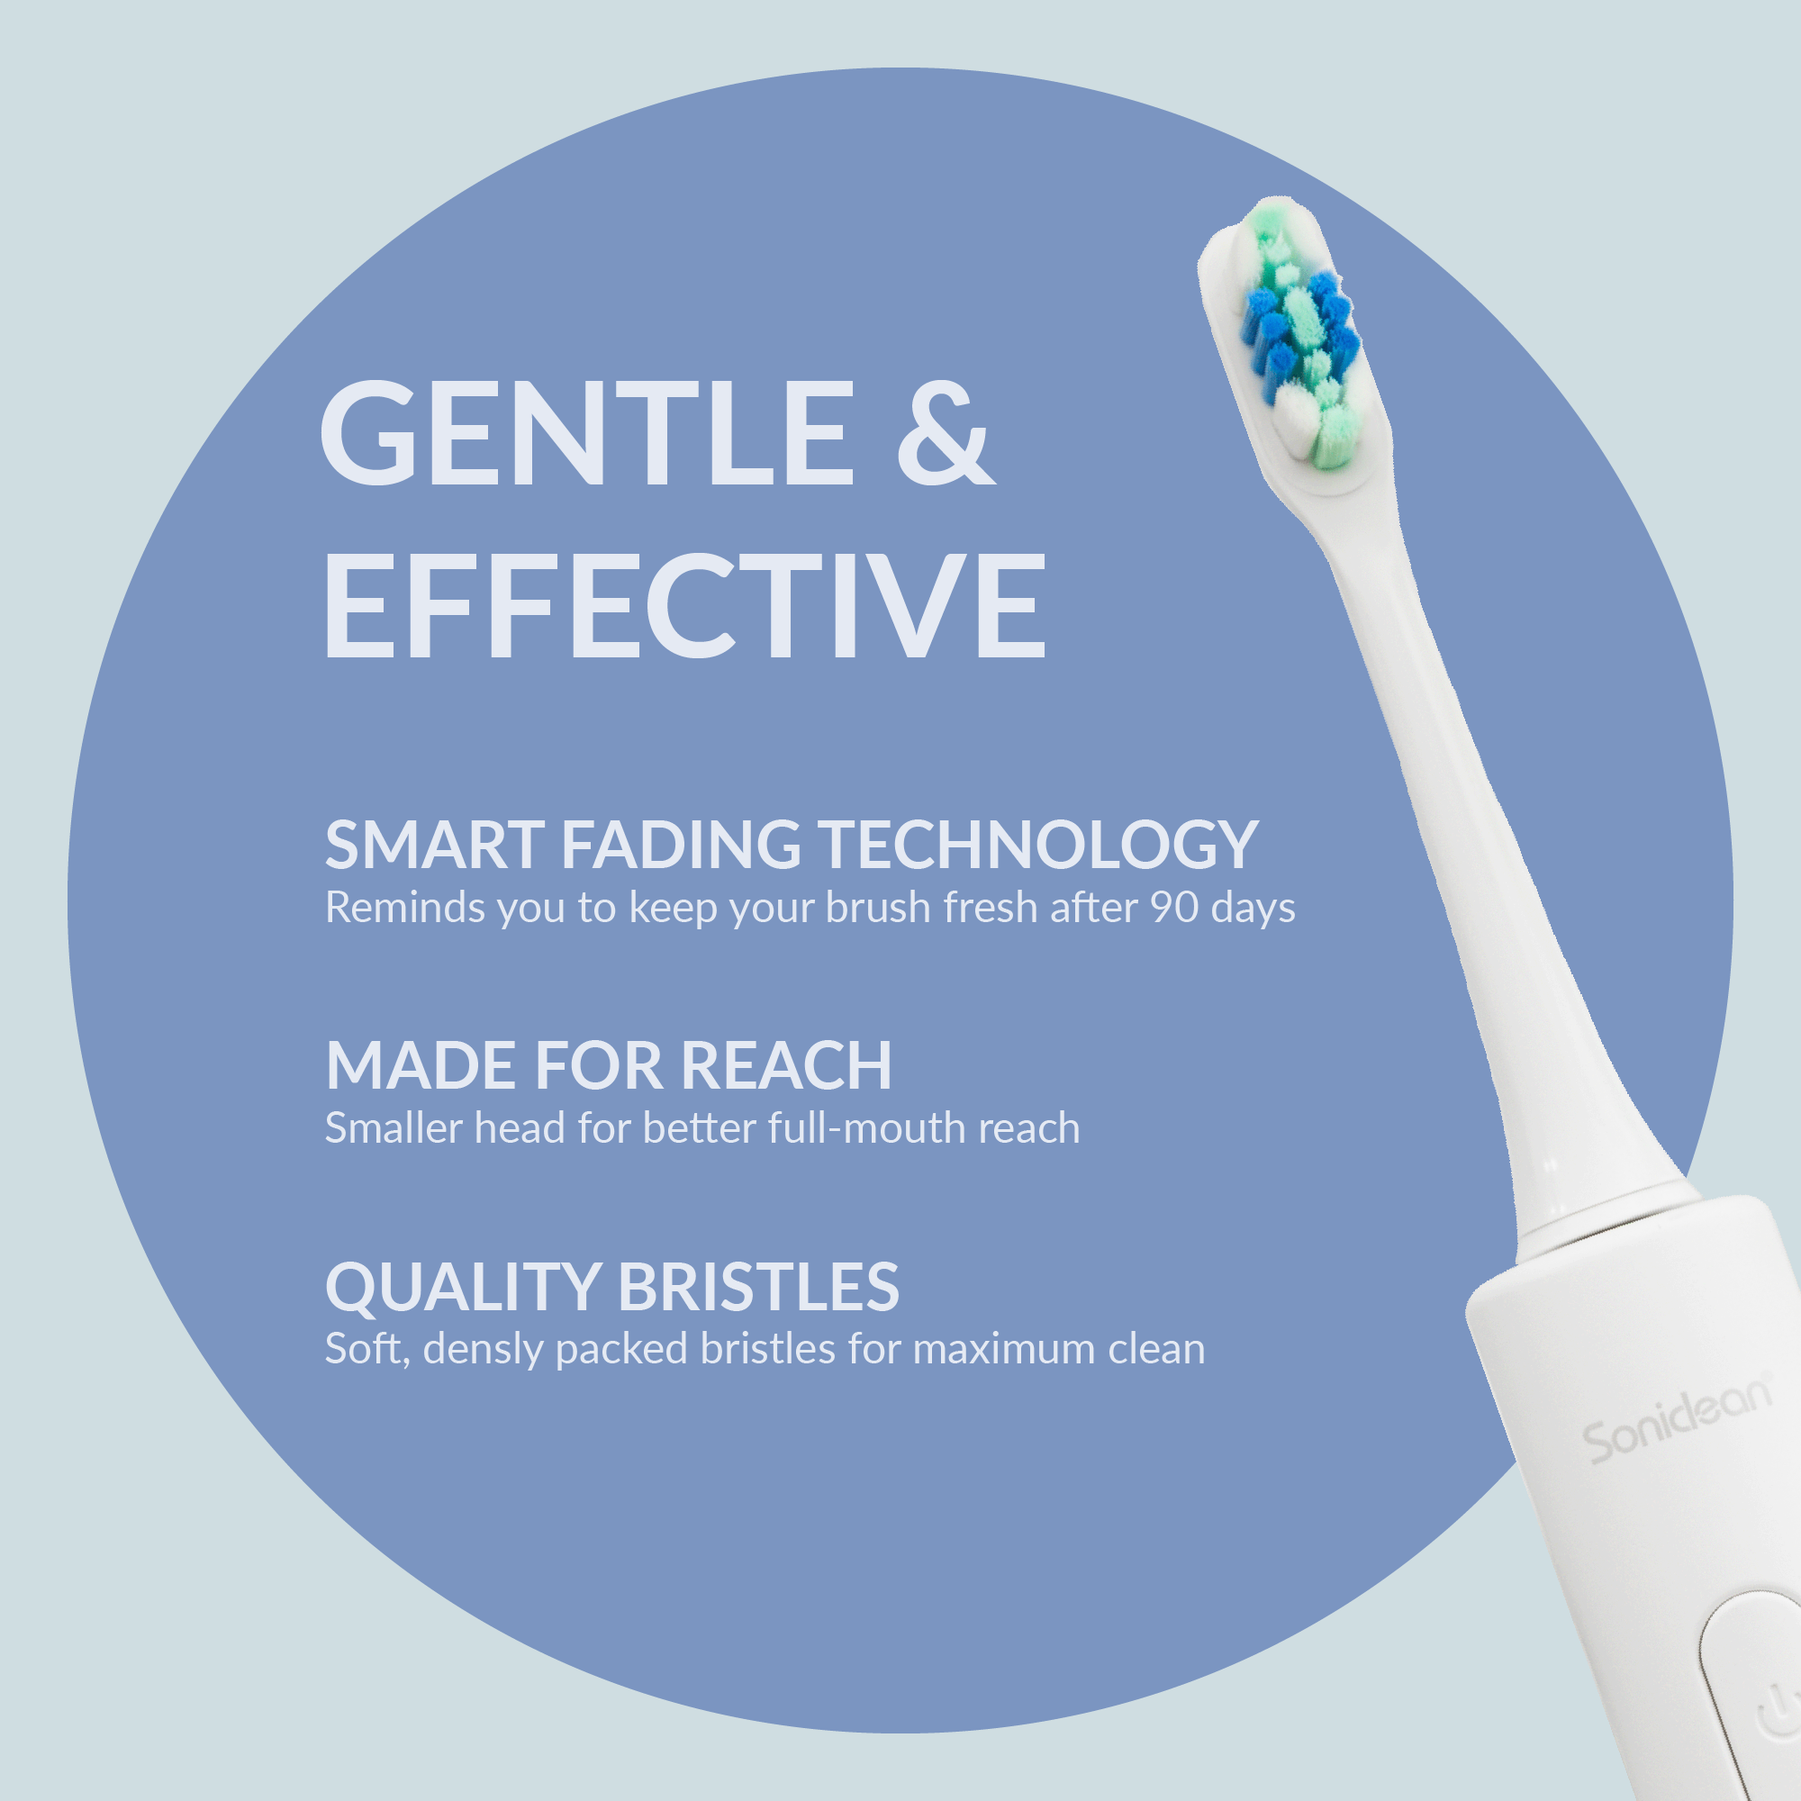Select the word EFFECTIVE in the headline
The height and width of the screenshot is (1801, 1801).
point(684,605)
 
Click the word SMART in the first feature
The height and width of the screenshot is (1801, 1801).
point(434,846)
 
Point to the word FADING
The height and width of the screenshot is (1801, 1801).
point(681,846)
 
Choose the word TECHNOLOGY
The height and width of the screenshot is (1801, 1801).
point(1038,846)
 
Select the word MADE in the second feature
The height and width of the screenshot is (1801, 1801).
point(421,1065)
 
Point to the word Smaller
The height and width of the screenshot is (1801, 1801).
point(394,1129)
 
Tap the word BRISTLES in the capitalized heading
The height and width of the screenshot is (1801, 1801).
point(758,1288)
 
